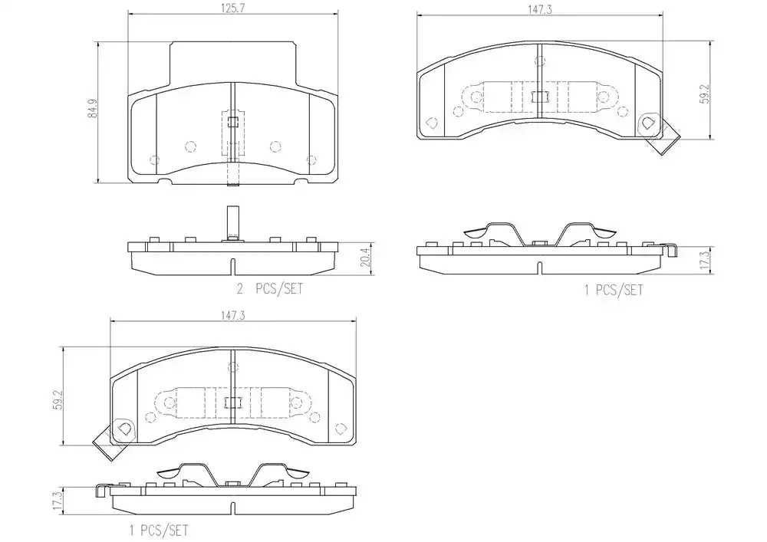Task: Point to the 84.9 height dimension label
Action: [x=93, y=108]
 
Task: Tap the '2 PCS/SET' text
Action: [x=270, y=289]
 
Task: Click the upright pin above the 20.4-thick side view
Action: [x=233, y=223]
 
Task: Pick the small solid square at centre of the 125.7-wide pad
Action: [x=233, y=122]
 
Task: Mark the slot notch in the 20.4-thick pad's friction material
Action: [x=233, y=266]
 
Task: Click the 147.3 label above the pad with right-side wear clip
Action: [x=540, y=10]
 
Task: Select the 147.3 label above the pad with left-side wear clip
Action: [x=233, y=316]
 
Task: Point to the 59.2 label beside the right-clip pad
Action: [x=704, y=94]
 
